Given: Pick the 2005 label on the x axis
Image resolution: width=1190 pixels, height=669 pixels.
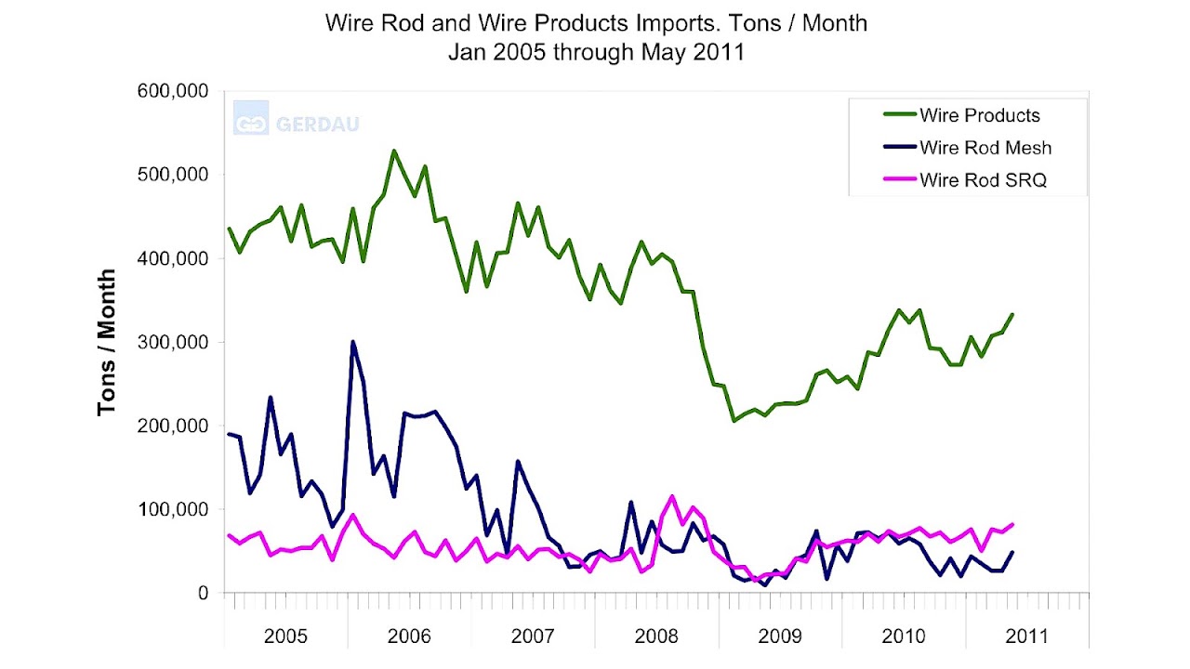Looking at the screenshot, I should tap(285, 636).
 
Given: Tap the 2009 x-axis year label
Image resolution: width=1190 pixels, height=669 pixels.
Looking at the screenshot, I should tap(779, 636).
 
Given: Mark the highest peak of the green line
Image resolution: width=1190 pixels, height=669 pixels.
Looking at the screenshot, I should tap(394, 151).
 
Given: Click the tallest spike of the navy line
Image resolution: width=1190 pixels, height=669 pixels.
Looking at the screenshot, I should tap(353, 342).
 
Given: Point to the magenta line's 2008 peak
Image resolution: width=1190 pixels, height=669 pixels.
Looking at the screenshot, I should tap(672, 496).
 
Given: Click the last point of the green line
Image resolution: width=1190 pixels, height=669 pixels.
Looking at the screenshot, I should tap(1012, 314).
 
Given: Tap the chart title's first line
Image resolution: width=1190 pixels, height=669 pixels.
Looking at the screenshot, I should tap(596, 23).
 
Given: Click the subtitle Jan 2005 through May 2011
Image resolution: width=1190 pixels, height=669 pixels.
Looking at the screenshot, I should tap(596, 51).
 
